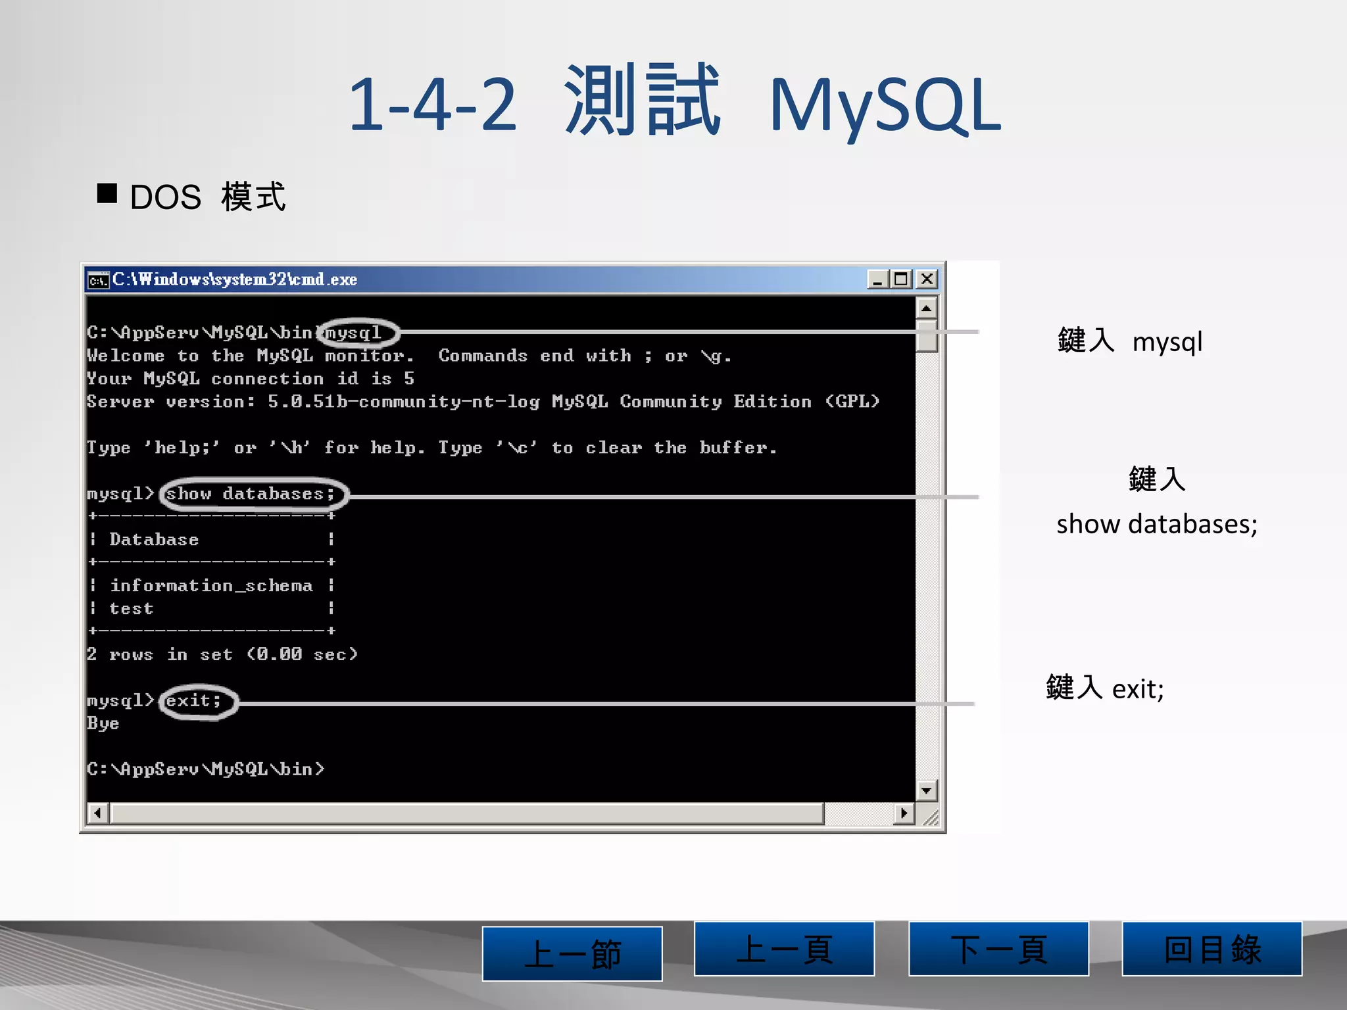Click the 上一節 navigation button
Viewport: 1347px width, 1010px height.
[x=572, y=953]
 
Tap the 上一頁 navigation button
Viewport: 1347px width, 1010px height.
[x=784, y=948]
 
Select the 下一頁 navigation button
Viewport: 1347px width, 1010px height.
[x=998, y=948]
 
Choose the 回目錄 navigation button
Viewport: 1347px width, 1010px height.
[x=1212, y=948]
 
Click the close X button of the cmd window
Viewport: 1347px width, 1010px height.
[x=927, y=279]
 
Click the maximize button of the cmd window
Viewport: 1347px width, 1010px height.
[x=901, y=279]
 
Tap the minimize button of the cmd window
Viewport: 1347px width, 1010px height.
[x=877, y=279]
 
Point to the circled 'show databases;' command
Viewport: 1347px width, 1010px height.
[x=251, y=494]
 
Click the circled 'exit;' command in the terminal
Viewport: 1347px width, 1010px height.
[x=193, y=701]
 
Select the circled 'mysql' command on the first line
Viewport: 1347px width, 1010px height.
[x=355, y=333]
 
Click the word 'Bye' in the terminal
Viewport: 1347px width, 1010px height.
[x=103, y=723]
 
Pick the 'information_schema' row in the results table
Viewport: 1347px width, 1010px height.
[x=211, y=585]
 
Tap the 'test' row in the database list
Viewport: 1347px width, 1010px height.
[x=132, y=609]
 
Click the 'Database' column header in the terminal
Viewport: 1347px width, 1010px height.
[x=154, y=539]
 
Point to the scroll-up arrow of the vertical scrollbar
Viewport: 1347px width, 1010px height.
[x=926, y=308]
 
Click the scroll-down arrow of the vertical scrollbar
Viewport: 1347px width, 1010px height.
[x=926, y=790]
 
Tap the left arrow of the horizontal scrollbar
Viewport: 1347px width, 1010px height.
[x=98, y=813]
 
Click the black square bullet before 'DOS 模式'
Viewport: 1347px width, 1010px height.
[x=107, y=193]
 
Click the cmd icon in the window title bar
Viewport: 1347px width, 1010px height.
[x=98, y=280]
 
